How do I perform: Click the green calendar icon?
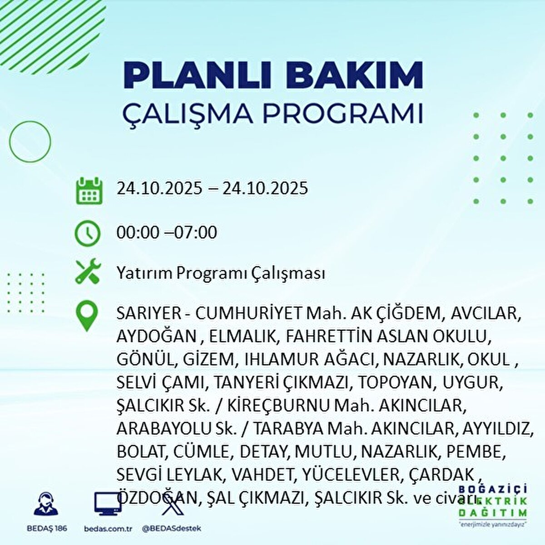pos(88,190)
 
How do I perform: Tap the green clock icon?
pos(87,233)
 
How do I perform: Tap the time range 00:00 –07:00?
pos(167,233)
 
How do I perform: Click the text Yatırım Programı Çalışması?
pos(221,273)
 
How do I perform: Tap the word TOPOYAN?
pos(394,383)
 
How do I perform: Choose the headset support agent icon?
pos(46,504)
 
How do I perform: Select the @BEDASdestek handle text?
pos(171,529)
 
